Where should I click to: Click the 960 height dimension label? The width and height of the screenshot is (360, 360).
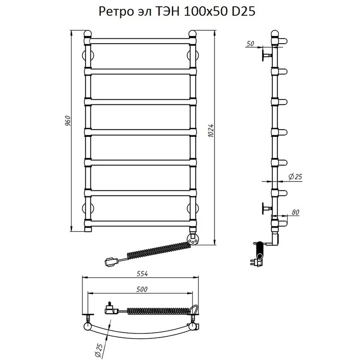(x=68, y=121)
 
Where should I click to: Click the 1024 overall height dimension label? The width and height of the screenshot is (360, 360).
(x=211, y=131)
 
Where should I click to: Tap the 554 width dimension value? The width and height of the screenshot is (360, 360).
(x=142, y=274)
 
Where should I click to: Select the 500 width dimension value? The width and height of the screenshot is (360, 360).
(x=142, y=289)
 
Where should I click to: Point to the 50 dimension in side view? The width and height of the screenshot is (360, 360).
(x=250, y=44)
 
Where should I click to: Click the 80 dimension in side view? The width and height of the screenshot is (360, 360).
(x=296, y=212)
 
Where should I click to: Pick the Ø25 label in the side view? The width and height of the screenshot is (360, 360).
(x=295, y=177)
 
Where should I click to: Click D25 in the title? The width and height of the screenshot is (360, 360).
(x=244, y=11)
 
